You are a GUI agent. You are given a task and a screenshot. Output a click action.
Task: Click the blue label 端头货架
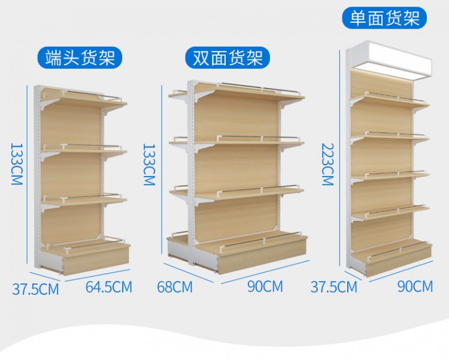[x=80, y=58]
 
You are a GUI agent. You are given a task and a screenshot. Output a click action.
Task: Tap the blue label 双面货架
[x=227, y=58]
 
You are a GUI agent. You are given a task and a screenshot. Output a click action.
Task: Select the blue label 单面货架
[x=384, y=18]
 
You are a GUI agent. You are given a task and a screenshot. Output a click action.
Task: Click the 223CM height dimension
[x=327, y=164]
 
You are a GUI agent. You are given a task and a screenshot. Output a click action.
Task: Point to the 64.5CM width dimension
[x=109, y=287]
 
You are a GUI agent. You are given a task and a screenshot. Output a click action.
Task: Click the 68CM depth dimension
[x=175, y=287]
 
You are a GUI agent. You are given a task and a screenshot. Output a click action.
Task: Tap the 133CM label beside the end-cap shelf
[x=17, y=164]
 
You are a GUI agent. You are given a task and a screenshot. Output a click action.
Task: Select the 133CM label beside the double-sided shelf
[x=149, y=165]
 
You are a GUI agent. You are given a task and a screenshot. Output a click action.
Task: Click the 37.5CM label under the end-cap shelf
[x=35, y=289]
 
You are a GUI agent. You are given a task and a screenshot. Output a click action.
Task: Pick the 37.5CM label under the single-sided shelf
[x=334, y=287]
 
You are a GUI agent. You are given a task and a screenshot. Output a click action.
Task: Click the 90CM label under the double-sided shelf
[x=265, y=286]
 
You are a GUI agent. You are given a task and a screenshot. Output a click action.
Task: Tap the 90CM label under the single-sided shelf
[x=415, y=286]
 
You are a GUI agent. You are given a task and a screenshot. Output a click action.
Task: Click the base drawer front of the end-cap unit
[x=96, y=263]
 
